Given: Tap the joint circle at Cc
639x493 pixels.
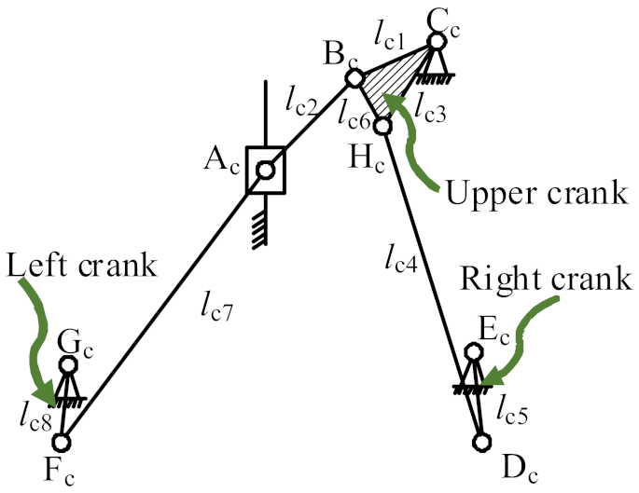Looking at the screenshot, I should tap(437, 42).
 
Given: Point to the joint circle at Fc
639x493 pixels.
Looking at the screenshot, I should tap(63, 442).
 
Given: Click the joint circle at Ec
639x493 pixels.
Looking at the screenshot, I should tap(473, 352).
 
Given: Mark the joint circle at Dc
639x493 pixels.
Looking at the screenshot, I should tap(481, 441).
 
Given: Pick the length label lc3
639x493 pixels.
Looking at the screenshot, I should tap(434, 112).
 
